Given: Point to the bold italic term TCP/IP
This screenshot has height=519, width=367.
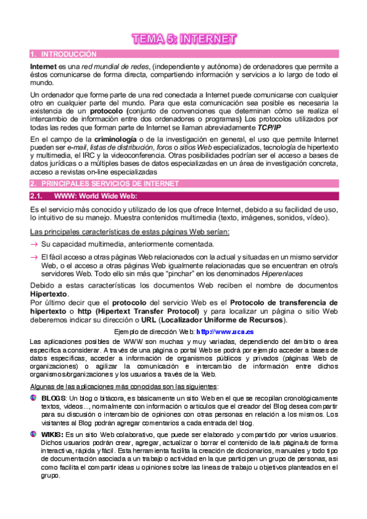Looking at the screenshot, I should click(x=269, y=127).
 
